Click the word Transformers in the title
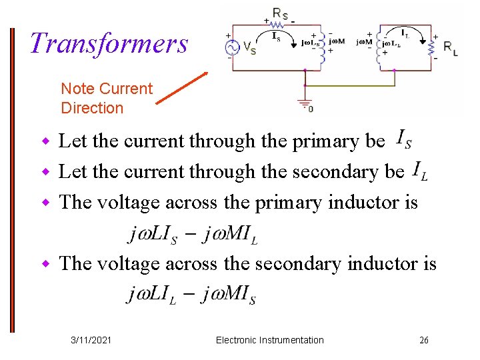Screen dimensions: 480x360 [x=109, y=44]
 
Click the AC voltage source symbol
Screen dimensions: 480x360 [x=233, y=48]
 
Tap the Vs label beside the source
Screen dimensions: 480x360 [x=248, y=49]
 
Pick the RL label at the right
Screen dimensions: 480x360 [x=451, y=49]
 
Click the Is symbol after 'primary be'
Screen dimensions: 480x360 [x=403, y=140]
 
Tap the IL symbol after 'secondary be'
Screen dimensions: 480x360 [x=420, y=171]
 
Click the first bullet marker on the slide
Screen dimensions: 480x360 [x=46, y=141]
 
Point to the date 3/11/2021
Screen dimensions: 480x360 [x=91, y=340]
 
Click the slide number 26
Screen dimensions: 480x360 [x=424, y=340]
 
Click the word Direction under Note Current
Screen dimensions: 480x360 [x=92, y=108]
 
